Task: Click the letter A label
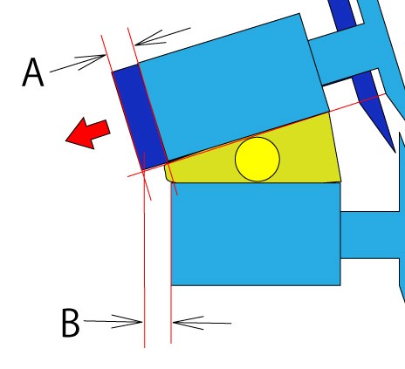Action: click(x=33, y=72)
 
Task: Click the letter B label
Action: click(x=71, y=323)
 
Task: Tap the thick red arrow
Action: click(x=88, y=133)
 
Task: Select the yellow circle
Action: click(x=257, y=159)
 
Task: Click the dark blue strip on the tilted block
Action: click(x=140, y=117)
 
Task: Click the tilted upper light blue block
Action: click(x=233, y=87)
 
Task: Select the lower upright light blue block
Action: click(x=256, y=234)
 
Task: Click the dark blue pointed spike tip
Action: click(x=395, y=152)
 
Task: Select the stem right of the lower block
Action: click(x=369, y=235)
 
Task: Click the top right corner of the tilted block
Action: click(x=299, y=13)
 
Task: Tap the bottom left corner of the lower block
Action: click(x=171, y=285)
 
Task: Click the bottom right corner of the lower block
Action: click(x=340, y=285)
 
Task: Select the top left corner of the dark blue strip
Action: click(x=112, y=72)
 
